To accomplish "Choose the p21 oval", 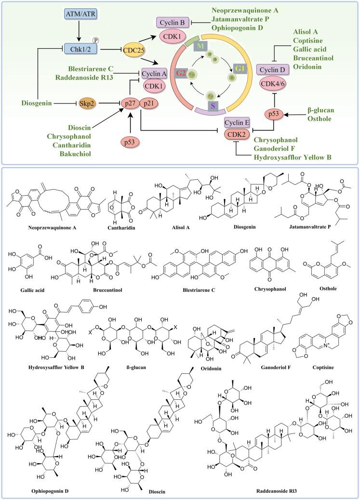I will point(151,103).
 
